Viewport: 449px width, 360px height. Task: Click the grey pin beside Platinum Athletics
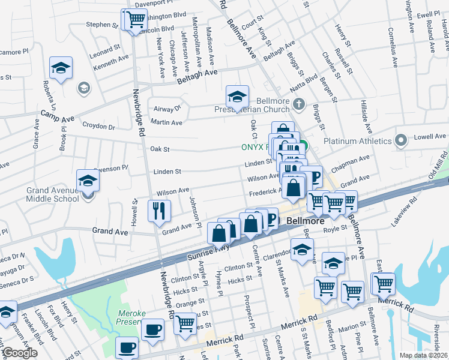pyautogui.click(x=402, y=141)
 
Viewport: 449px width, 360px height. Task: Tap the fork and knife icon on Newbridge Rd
pyautogui.click(x=160, y=211)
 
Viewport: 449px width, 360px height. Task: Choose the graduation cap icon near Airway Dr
pyautogui.click(x=237, y=96)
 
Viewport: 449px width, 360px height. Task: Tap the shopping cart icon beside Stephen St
pyautogui.click(x=136, y=19)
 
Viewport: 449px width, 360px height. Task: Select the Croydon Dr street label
pyautogui.click(x=98, y=127)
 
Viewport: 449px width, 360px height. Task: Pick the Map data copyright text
pyautogui.click(x=423, y=355)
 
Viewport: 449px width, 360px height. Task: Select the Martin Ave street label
pyautogui.click(x=167, y=122)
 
